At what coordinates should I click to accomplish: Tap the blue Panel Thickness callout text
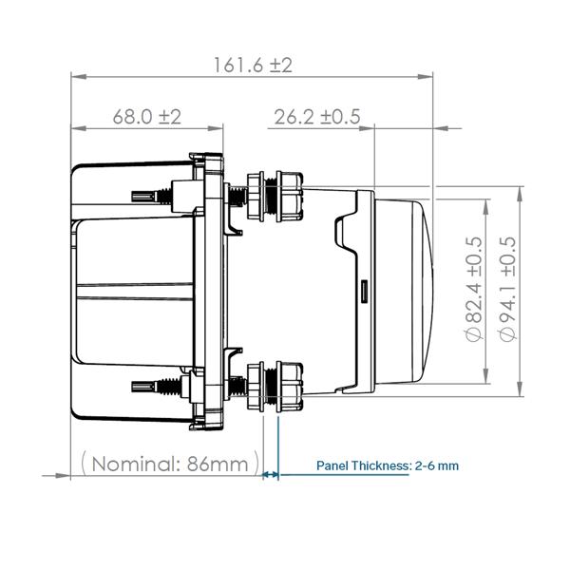(x=387, y=465)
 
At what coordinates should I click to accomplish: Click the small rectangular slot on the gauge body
(x=364, y=289)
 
